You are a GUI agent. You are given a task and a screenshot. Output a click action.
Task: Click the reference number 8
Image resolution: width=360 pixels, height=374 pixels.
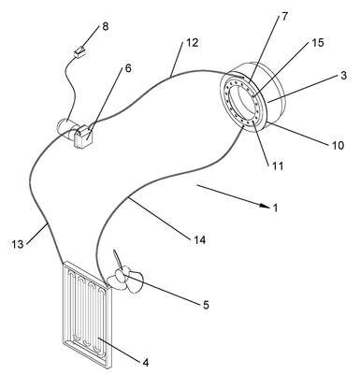(106, 26)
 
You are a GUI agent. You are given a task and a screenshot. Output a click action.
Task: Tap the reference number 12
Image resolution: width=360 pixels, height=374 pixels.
(193, 43)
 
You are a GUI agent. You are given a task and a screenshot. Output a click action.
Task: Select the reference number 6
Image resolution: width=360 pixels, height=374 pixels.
(128, 68)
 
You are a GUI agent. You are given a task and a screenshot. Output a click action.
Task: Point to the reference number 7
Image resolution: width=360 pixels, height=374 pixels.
(285, 16)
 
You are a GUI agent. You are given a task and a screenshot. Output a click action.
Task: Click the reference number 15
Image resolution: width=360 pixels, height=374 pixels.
(318, 43)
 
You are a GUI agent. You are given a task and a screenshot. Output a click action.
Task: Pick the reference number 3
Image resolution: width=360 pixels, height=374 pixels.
(343, 76)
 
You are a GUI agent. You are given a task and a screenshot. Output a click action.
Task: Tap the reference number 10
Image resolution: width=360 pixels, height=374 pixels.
(338, 145)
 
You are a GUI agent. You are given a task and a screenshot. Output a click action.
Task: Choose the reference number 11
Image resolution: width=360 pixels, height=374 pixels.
(278, 165)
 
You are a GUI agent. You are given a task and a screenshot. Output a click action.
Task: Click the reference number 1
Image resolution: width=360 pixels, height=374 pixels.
(275, 208)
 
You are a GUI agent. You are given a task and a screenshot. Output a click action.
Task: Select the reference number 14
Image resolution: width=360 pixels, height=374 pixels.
(199, 240)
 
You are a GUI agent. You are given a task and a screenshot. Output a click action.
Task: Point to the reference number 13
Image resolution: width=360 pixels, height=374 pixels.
(18, 244)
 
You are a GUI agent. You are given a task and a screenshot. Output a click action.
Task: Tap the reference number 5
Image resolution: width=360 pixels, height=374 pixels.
(206, 305)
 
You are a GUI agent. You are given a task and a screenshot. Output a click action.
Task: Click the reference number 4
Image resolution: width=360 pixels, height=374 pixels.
(146, 362)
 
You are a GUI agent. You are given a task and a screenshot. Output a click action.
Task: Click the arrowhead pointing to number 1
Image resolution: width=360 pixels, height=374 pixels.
(265, 206)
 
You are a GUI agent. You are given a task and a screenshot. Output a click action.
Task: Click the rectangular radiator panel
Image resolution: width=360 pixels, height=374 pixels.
(87, 315)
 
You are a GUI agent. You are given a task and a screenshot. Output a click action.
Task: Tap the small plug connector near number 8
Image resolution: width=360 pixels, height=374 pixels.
(79, 51)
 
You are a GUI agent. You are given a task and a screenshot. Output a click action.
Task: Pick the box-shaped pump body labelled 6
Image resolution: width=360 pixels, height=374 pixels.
(83, 137)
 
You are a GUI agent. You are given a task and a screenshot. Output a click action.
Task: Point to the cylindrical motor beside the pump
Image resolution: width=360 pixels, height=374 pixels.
(65, 127)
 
